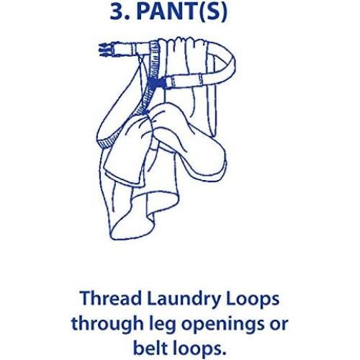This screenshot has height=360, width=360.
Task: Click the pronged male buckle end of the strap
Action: [x=107, y=50]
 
